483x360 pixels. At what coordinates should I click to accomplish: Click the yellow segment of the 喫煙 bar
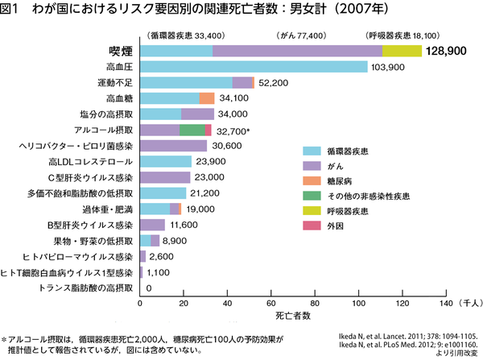(x=402, y=51)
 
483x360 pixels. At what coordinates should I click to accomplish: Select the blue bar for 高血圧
(x=254, y=67)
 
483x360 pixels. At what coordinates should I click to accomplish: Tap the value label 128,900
(x=450, y=51)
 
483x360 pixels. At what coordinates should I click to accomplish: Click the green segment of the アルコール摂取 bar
(x=192, y=130)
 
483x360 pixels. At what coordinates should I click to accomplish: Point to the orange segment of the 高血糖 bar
(x=207, y=98)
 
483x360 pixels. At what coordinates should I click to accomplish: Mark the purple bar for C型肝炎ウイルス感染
(x=165, y=176)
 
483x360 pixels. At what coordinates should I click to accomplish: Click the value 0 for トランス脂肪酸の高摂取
(x=148, y=287)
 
